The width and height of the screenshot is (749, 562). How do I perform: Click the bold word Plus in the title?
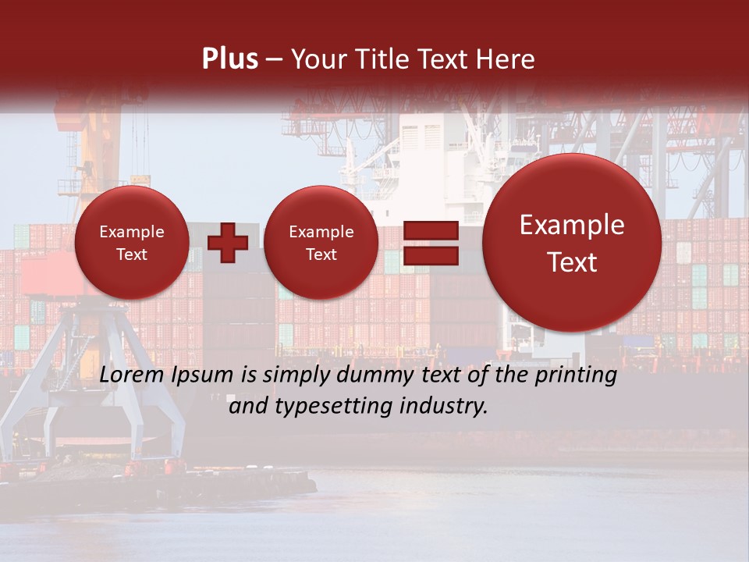point(229,59)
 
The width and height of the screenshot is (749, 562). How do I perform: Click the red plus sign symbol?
point(228,243)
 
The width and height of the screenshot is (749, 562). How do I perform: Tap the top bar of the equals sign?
point(430,230)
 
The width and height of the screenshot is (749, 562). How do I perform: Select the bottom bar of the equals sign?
point(430,255)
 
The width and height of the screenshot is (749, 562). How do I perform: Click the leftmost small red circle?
point(131,243)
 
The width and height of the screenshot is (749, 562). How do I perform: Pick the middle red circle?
point(321,243)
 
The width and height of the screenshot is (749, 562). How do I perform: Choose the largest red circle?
point(572,243)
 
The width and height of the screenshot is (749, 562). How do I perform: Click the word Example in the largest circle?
point(572,225)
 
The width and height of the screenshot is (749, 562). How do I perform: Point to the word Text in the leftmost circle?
point(131,254)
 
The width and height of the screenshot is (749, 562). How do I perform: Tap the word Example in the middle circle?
point(321,232)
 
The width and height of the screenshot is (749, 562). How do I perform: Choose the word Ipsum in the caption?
point(200,375)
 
